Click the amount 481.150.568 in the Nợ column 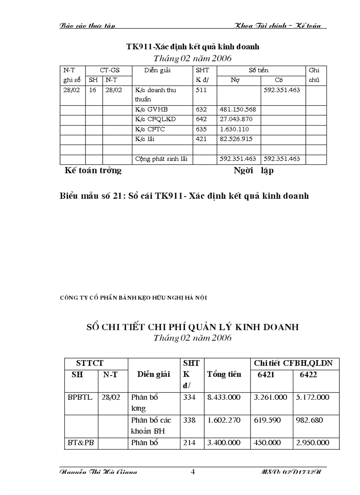click(237, 109)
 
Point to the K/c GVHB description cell click(151, 109)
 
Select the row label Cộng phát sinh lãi click(161, 159)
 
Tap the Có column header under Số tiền click(278, 81)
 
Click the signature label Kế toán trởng click(93, 171)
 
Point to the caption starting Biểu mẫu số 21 click(184, 196)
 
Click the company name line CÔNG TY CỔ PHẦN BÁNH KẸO click(133, 298)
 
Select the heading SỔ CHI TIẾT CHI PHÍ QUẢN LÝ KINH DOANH click(192, 327)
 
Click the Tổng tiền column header click(224, 374)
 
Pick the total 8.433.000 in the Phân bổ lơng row click(224, 397)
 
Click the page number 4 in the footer click(192, 472)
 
